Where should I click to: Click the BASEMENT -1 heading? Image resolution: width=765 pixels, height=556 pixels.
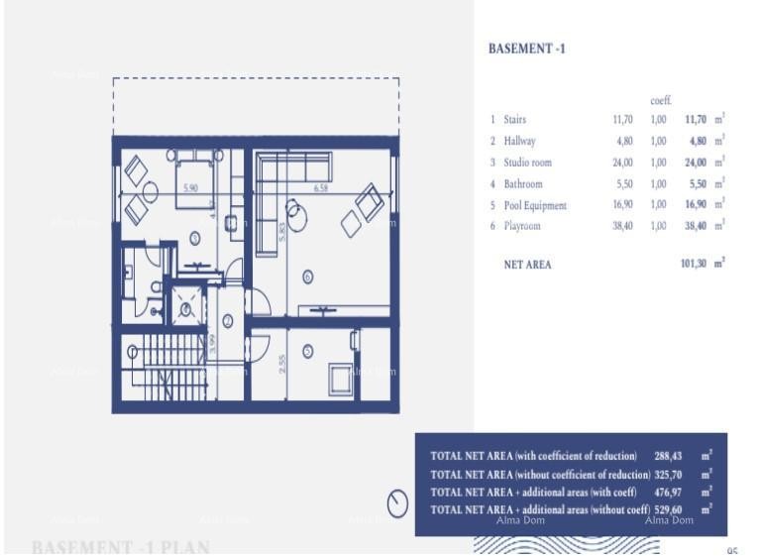tap(527, 48)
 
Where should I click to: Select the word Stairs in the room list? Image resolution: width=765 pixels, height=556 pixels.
tap(514, 119)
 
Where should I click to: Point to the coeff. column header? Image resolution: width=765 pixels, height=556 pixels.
tap(661, 100)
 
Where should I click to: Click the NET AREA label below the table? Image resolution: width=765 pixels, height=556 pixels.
tap(527, 265)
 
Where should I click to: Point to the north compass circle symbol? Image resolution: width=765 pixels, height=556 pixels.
tap(397, 504)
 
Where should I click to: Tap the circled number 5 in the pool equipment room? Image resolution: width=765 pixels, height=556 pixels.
tap(307, 350)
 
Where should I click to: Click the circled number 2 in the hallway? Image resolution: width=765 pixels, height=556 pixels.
tap(227, 321)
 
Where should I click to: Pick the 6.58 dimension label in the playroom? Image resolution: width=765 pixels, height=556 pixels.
tap(321, 187)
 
